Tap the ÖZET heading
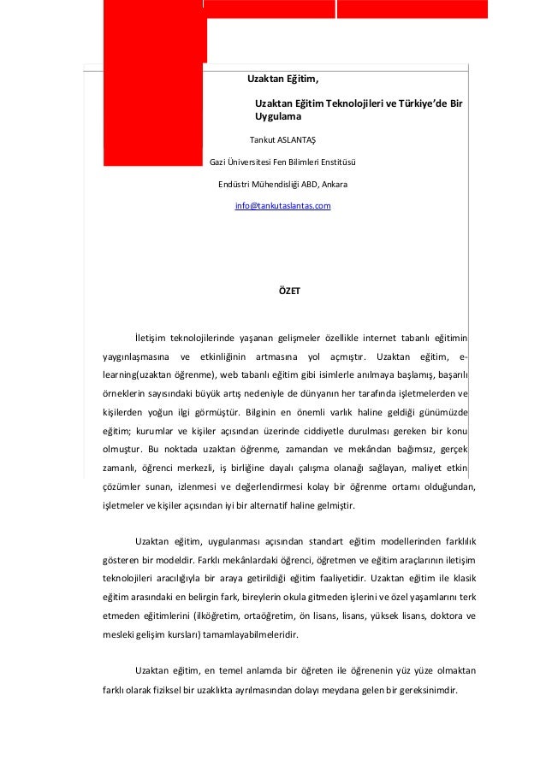click(290, 291)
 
